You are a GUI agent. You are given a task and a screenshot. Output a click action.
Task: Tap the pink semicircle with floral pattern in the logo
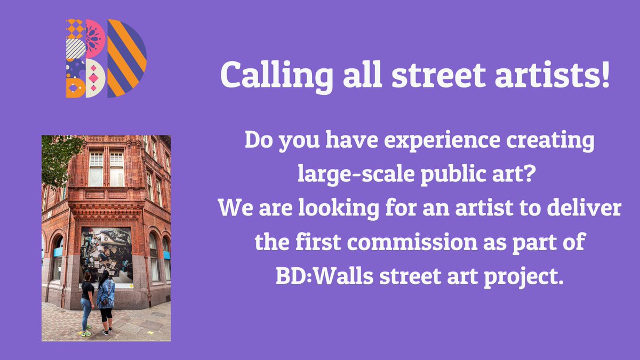95,38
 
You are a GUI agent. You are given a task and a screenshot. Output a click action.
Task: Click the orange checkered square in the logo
75,28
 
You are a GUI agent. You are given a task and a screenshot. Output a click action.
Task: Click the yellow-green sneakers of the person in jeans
86,332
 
